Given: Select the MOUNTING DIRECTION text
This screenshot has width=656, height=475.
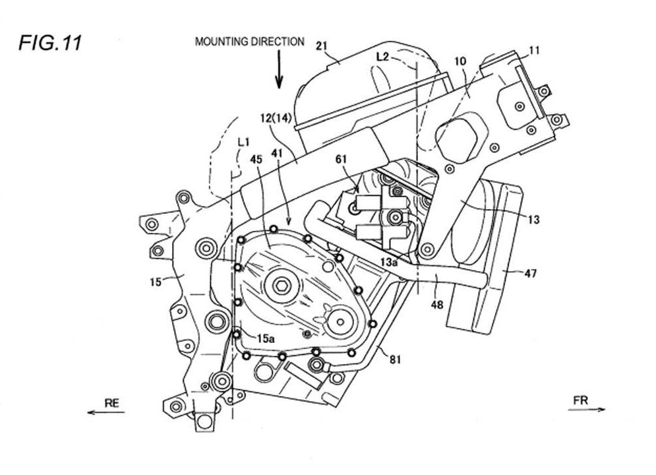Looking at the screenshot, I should click(249, 42).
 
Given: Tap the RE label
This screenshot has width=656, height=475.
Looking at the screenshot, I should click(113, 402).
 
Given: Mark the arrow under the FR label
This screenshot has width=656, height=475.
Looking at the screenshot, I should click(586, 410).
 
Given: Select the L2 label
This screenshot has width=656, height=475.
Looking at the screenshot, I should click(383, 57).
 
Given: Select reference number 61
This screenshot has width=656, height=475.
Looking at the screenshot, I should click(342, 158).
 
